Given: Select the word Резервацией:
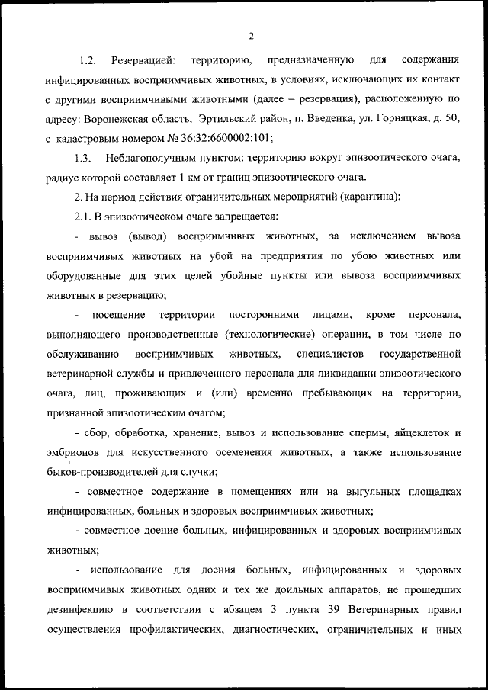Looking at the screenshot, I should [144, 59].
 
